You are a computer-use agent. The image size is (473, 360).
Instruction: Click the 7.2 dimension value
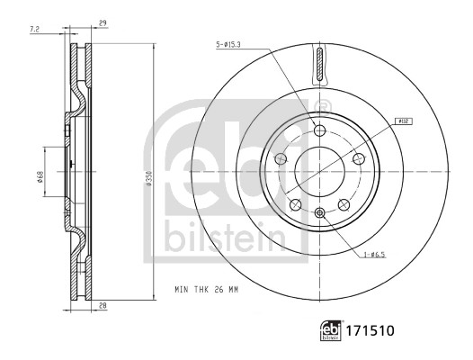(34, 30)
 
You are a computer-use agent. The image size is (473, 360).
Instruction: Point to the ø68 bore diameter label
(40, 178)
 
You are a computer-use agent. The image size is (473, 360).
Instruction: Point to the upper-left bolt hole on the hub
(281, 159)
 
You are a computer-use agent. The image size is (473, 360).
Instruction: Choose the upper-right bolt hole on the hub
(357, 159)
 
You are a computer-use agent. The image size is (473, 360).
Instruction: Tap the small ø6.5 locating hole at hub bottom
(319, 212)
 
